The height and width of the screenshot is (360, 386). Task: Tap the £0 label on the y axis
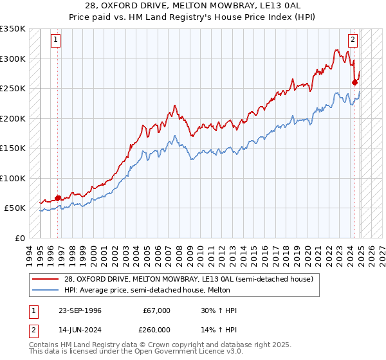tap(19, 238)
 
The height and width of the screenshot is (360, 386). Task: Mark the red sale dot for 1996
tap(58, 198)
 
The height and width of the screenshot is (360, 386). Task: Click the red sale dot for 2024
tap(354, 82)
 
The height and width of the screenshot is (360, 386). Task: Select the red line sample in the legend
tap(46, 279)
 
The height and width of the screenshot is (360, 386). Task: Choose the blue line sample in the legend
tap(46, 290)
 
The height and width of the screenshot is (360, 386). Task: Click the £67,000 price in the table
tap(156, 310)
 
